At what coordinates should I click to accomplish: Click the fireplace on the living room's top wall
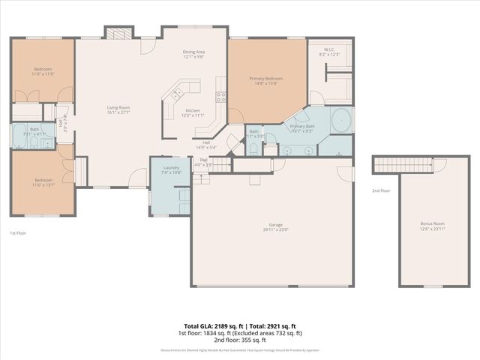pyautogui.click(x=117, y=33)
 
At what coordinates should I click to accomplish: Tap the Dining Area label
pyautogui.click(x=194, y=52)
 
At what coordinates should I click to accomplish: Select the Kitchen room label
pyautogui.click(x=193, y=111)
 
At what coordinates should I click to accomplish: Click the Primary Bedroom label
pyautogui.click(x=266, y=79)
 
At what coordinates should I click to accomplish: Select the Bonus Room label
pyautogui.click(x=432, y=223)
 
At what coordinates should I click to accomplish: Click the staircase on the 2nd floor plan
pyautogui.click(x=405, y=165)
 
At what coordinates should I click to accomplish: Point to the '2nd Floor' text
pyautogui.click(x=381, y=190)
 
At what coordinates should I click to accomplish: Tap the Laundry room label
pyautogui.click(x=170, y=168)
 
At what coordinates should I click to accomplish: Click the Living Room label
pyautogui.click(x=118, y=108)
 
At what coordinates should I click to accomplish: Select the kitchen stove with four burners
pyautogui.click(x=221, y=96)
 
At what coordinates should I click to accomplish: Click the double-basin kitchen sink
pyautogui.click(x=177, y=94)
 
